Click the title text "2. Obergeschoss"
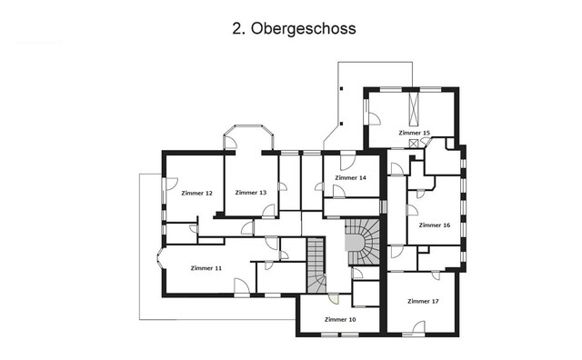point(293,29)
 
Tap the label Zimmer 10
point(339,320)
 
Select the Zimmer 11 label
point(206,268)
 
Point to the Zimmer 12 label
point(196,193)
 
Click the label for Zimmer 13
point(250,193)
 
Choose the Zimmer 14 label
point(350,178)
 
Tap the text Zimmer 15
point(414,133)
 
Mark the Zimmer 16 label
point(435,225)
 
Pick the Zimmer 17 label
point(423,300)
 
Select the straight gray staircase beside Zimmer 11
point(316,265)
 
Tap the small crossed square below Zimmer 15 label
point(416,144)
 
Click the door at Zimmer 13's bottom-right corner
point(269,211)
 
